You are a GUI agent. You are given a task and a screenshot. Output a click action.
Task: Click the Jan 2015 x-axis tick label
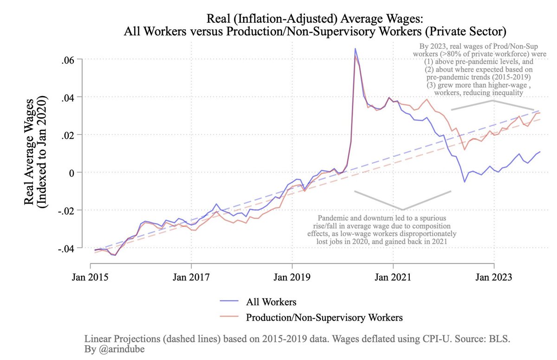pos(90,278)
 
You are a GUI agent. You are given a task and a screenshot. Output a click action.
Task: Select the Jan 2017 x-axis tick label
pos(191,278)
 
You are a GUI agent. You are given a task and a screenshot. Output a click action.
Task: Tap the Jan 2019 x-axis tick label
pos(292,278)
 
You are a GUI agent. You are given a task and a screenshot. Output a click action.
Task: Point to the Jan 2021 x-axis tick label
pos(393,278)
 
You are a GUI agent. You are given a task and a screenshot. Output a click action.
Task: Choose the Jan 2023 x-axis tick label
pos(494,278)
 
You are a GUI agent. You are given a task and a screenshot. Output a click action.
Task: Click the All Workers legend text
pos(271,302)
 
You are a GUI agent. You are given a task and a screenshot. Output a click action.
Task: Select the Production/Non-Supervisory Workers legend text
pos(324,318)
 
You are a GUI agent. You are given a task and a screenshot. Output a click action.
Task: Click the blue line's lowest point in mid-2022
pos(465,181)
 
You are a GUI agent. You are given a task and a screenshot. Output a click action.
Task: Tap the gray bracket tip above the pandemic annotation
pos(402,209)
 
